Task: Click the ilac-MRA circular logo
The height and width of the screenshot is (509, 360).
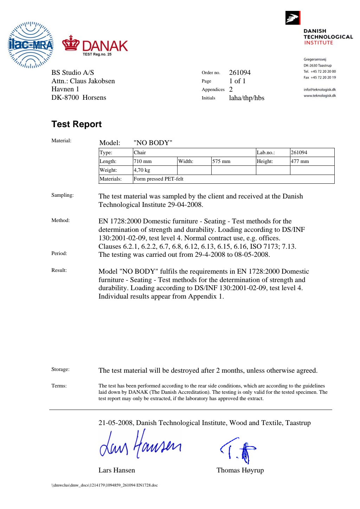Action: pyautogui.click(x=31, y=45)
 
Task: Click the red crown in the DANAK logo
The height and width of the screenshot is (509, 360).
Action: pyautogui.click(x=71, y=43)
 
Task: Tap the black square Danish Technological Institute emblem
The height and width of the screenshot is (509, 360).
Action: pyautogui.click(x=292, y=18)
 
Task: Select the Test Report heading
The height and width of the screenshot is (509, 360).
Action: pyautogui.click(x=76, y=124)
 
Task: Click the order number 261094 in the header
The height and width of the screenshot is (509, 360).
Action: pyautogui.click(x=240, y=73)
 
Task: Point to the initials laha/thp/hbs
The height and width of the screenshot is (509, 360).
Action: pyautogui.click(x=246, y=98)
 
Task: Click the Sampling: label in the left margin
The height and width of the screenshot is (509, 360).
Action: pyautogui.click(x=63, y=195)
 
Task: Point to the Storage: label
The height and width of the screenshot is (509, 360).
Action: pyautogui.click(x=60, y=369)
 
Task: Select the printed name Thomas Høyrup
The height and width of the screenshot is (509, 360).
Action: pyautogui.click(x=240, y=470)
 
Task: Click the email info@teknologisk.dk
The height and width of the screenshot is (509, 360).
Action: pyautogui.click(x=320, y=90)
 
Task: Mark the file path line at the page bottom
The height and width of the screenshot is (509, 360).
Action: pyautogui.click(x=104, y=485)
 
